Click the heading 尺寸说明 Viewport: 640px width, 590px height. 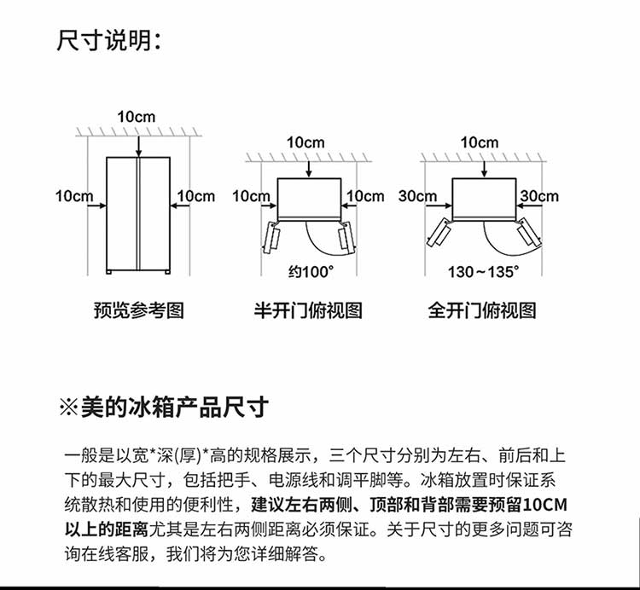click(108, 40)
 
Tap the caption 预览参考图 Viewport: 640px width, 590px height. click(139, 310)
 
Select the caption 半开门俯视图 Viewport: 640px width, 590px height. click(308, 310)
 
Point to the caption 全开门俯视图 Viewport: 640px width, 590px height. click(481, 310)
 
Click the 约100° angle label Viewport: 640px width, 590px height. click(311, 272)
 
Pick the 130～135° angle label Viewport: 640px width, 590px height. click(483, 272)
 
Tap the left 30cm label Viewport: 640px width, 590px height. click(417, 196)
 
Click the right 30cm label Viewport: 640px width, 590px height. click(539, 196)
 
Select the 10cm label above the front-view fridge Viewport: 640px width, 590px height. click(137, 117)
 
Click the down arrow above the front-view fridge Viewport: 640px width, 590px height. click(139, 147)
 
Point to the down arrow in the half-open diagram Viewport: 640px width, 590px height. click(309, 169)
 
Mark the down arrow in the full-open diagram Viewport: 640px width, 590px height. click(484, 169)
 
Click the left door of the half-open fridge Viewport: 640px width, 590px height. click(271, 237)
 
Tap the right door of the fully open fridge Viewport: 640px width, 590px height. click(529, 234)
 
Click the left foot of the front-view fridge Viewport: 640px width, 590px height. click(109, 272)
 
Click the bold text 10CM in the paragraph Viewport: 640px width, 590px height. click(545, 505)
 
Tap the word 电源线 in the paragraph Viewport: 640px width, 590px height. click(294, 480)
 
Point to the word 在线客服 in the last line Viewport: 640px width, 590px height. click(115, 553)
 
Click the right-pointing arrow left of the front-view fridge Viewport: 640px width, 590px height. click(97, 205)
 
